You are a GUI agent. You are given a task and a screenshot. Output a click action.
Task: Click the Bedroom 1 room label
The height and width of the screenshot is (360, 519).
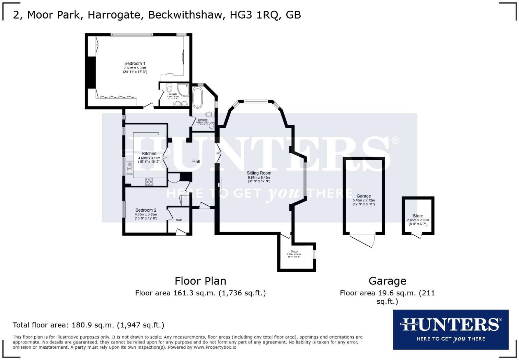tap(135, 64)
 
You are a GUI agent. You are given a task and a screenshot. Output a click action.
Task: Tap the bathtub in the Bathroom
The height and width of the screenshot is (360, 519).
tap(198, 98)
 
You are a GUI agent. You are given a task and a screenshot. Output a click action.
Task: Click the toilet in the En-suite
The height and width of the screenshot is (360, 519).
tap(169, 86)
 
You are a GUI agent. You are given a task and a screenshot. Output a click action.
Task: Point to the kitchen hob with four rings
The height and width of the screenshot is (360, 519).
tap(149, 182)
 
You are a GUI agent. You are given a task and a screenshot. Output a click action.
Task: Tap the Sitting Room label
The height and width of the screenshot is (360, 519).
tap(259, 173)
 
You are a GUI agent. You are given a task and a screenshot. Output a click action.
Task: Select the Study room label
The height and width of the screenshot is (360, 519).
tap(294, 251)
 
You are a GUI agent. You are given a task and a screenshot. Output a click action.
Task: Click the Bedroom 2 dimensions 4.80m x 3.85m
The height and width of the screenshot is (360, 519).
tap(146, 214)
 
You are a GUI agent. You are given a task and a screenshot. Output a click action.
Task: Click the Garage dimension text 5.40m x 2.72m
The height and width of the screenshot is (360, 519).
tap(364, 200)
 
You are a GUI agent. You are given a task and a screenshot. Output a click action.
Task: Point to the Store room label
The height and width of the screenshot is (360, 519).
tap(418, 216)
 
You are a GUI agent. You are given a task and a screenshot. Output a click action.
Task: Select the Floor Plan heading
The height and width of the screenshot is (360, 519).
tap(200, 281)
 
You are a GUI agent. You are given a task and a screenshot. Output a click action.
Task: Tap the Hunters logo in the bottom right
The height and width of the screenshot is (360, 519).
tap(450, 329)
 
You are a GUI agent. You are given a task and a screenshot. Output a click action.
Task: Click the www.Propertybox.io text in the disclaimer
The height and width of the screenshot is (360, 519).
tap(215, 347)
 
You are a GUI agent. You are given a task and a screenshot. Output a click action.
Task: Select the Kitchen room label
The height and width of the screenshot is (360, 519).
tap(149, 154)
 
